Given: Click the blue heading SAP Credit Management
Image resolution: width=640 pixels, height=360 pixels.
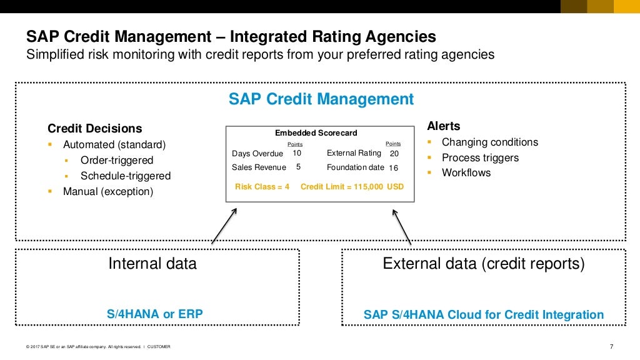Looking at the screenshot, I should pyautogui.click(x=321, y=99).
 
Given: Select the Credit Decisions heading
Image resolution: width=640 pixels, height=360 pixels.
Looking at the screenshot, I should pyautogui.click(x=95, y=129).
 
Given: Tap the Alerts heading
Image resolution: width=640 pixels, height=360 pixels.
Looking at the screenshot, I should pyautogui.click(x=443, y=126).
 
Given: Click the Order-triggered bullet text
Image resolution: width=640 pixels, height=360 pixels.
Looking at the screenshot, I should pyautogui.click(x=117, y=161).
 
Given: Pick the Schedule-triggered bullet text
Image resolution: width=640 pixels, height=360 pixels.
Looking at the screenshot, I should pyautogui.click(x=126, y=176).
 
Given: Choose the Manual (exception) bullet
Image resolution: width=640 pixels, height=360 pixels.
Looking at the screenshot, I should pyautogui.click(x=107, y=192).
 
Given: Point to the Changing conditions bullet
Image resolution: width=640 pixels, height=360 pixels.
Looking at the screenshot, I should pyautogui.click(x=489, y=142).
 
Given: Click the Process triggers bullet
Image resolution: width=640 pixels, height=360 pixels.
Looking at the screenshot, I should pyautogui.click(x=480, y=158).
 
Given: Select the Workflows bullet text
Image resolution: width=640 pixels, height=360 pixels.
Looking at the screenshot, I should pyautogui.click(x=466, y=173).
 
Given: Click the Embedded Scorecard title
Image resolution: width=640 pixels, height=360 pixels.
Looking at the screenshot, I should pyautogui.click(x=316, y=133).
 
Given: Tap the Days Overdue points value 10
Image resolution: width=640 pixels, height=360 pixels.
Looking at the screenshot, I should pyautogui.click(x=297, y=153).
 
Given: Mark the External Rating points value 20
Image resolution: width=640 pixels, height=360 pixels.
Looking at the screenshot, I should pyautogui.click(x=394, y=154).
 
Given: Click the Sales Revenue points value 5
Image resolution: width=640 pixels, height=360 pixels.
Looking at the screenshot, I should pyautogui.click(x=298, y=167).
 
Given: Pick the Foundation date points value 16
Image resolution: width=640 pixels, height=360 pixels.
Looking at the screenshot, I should pyautogui.click(x=393, y=168).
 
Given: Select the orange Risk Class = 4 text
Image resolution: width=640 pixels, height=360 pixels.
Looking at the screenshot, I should pyautogui.click(x=262, y=187).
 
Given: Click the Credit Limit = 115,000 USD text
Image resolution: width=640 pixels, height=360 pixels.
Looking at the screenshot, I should pyautogui.click(x=352, y=187).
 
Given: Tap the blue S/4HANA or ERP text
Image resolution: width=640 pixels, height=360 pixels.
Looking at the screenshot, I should pyautogui.click(x=155, y=314).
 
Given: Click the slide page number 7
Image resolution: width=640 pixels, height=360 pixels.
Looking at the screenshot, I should pyautogui.click(x=611, y=347).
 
